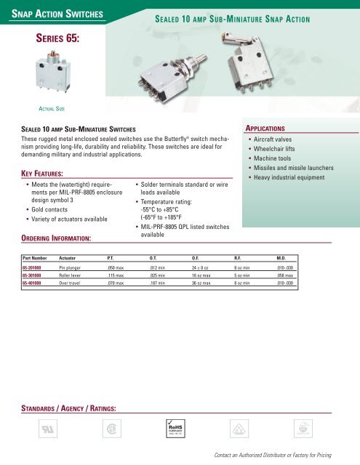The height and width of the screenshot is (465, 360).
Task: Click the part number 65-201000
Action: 33,268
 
